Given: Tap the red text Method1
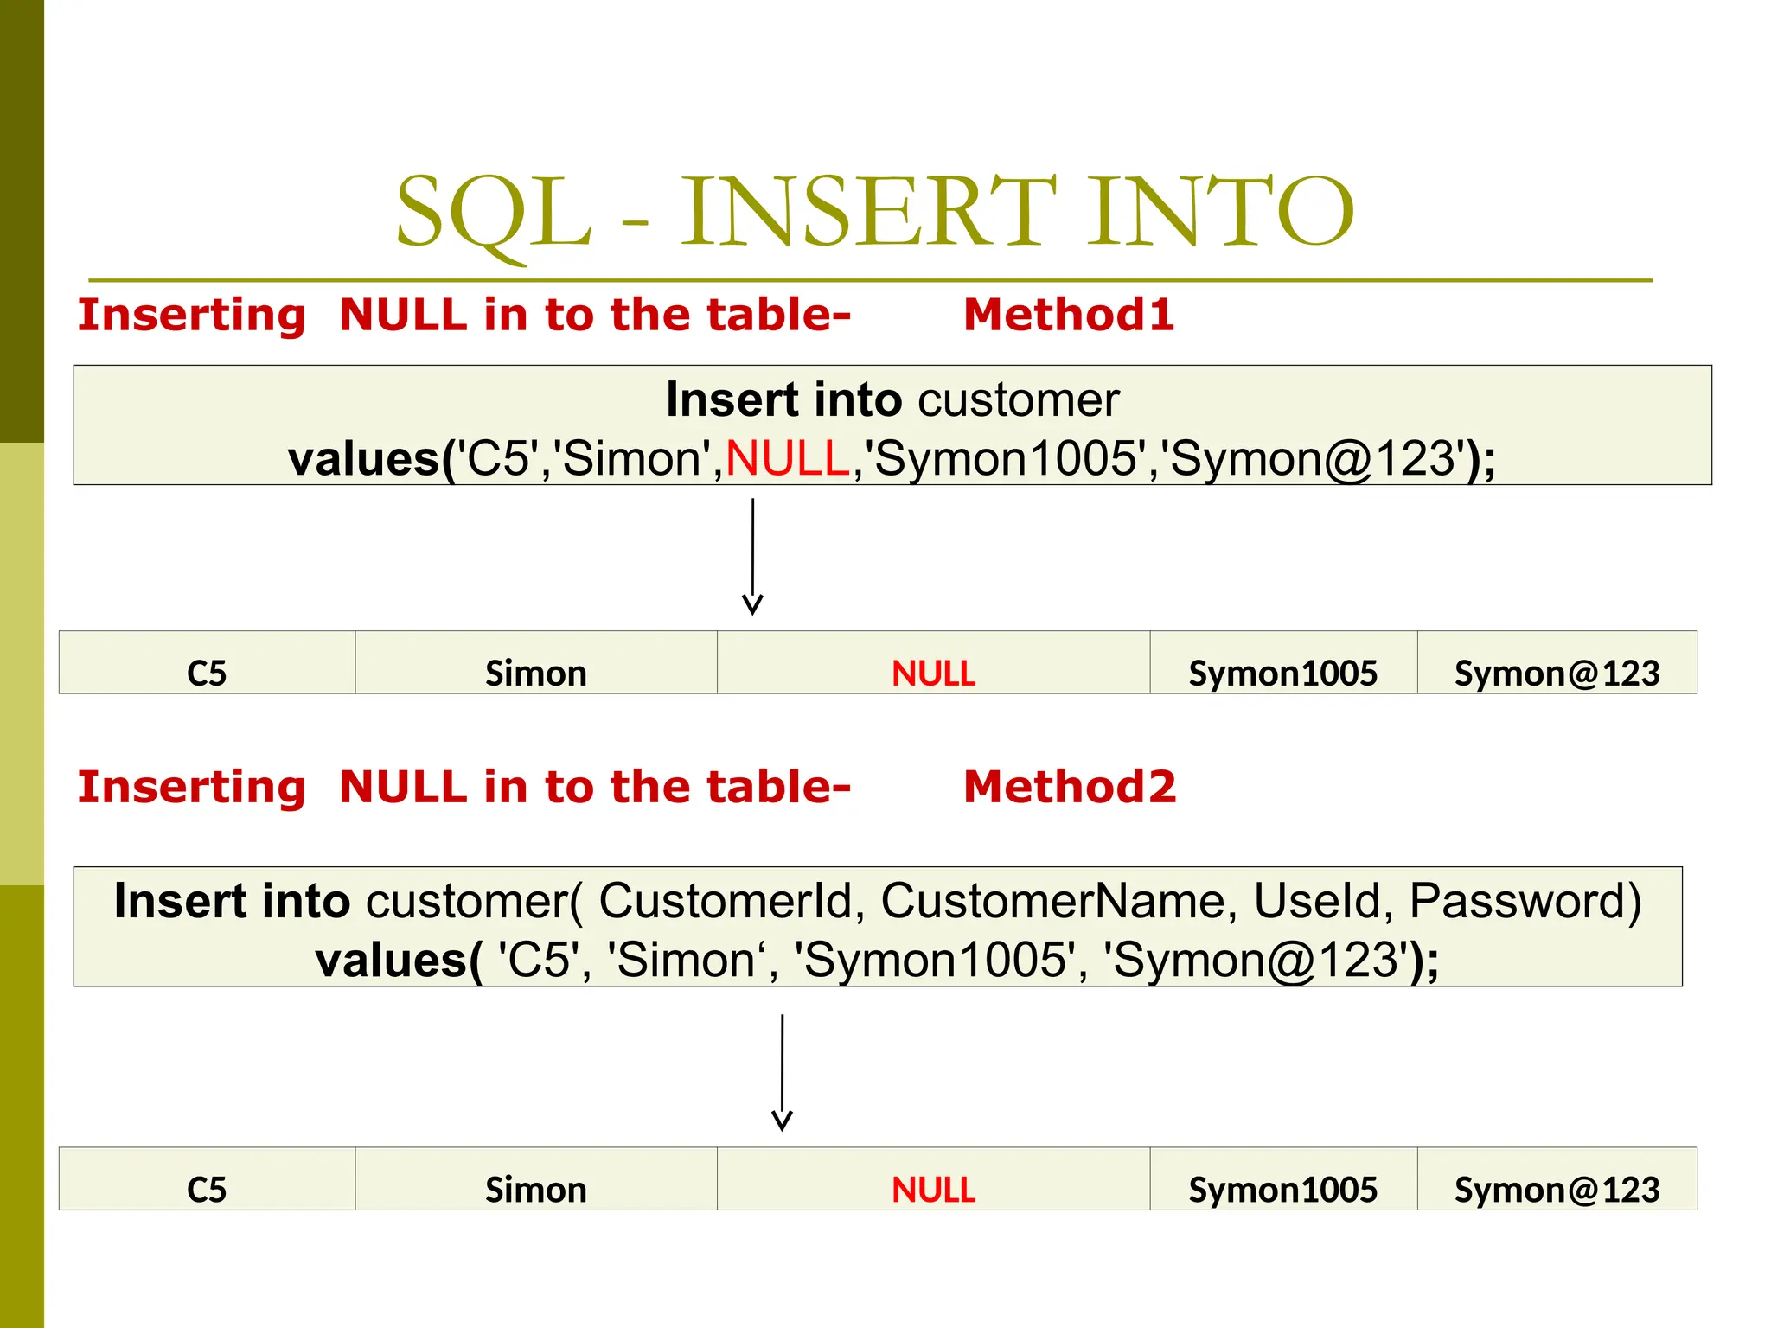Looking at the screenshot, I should (1069, 314).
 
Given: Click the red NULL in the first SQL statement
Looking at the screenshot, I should (788, 458).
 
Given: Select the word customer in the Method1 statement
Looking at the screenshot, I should (1018, 399).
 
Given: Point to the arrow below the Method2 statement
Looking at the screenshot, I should (782, 1072).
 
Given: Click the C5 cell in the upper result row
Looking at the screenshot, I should (207, 673).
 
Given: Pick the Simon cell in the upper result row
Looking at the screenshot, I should (536, 673).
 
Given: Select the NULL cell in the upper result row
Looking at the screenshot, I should (933, 673).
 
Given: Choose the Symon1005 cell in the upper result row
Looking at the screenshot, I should (1282, 673).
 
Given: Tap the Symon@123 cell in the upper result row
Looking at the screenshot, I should (1557, 673).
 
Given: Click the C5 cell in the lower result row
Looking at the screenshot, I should (207, 1190).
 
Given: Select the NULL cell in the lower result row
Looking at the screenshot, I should (933, 1190).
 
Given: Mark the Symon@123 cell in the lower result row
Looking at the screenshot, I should (1557, 1190).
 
